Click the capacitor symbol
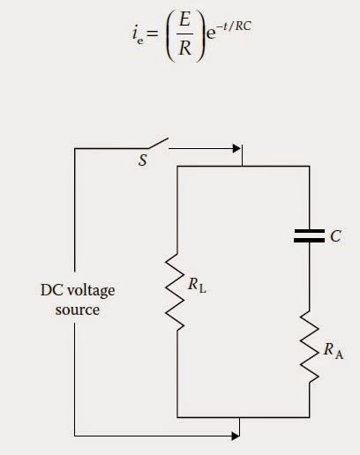tap(309, 236)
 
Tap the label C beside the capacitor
tap(335, 236)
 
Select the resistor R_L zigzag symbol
tap(175, 292)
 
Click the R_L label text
tap(197, 285)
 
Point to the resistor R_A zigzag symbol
tap(310, 347)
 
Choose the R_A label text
tap(334, 351)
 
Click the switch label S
tap(143, 160)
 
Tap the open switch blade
tap(158, 143)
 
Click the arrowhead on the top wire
tap(236, 149)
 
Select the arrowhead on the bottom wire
tap(236, 436)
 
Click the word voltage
tap(91, 291)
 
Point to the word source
tap(78, 310)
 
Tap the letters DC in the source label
tap(51, 290)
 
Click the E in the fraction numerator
tap(184, 20)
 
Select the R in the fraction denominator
tap(184, 48)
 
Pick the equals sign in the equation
tap(153, 34)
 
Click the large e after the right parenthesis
tap(211, 34)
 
